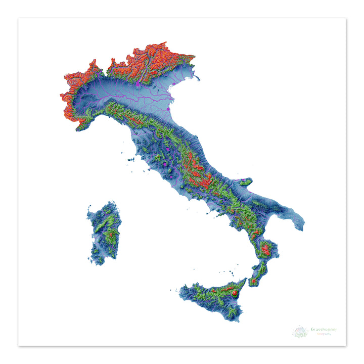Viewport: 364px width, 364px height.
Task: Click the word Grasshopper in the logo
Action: (x=324, y=330)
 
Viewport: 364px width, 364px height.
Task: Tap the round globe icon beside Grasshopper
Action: (x=300, y=332)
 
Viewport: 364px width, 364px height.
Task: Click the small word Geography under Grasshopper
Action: (x=324, y=334)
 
